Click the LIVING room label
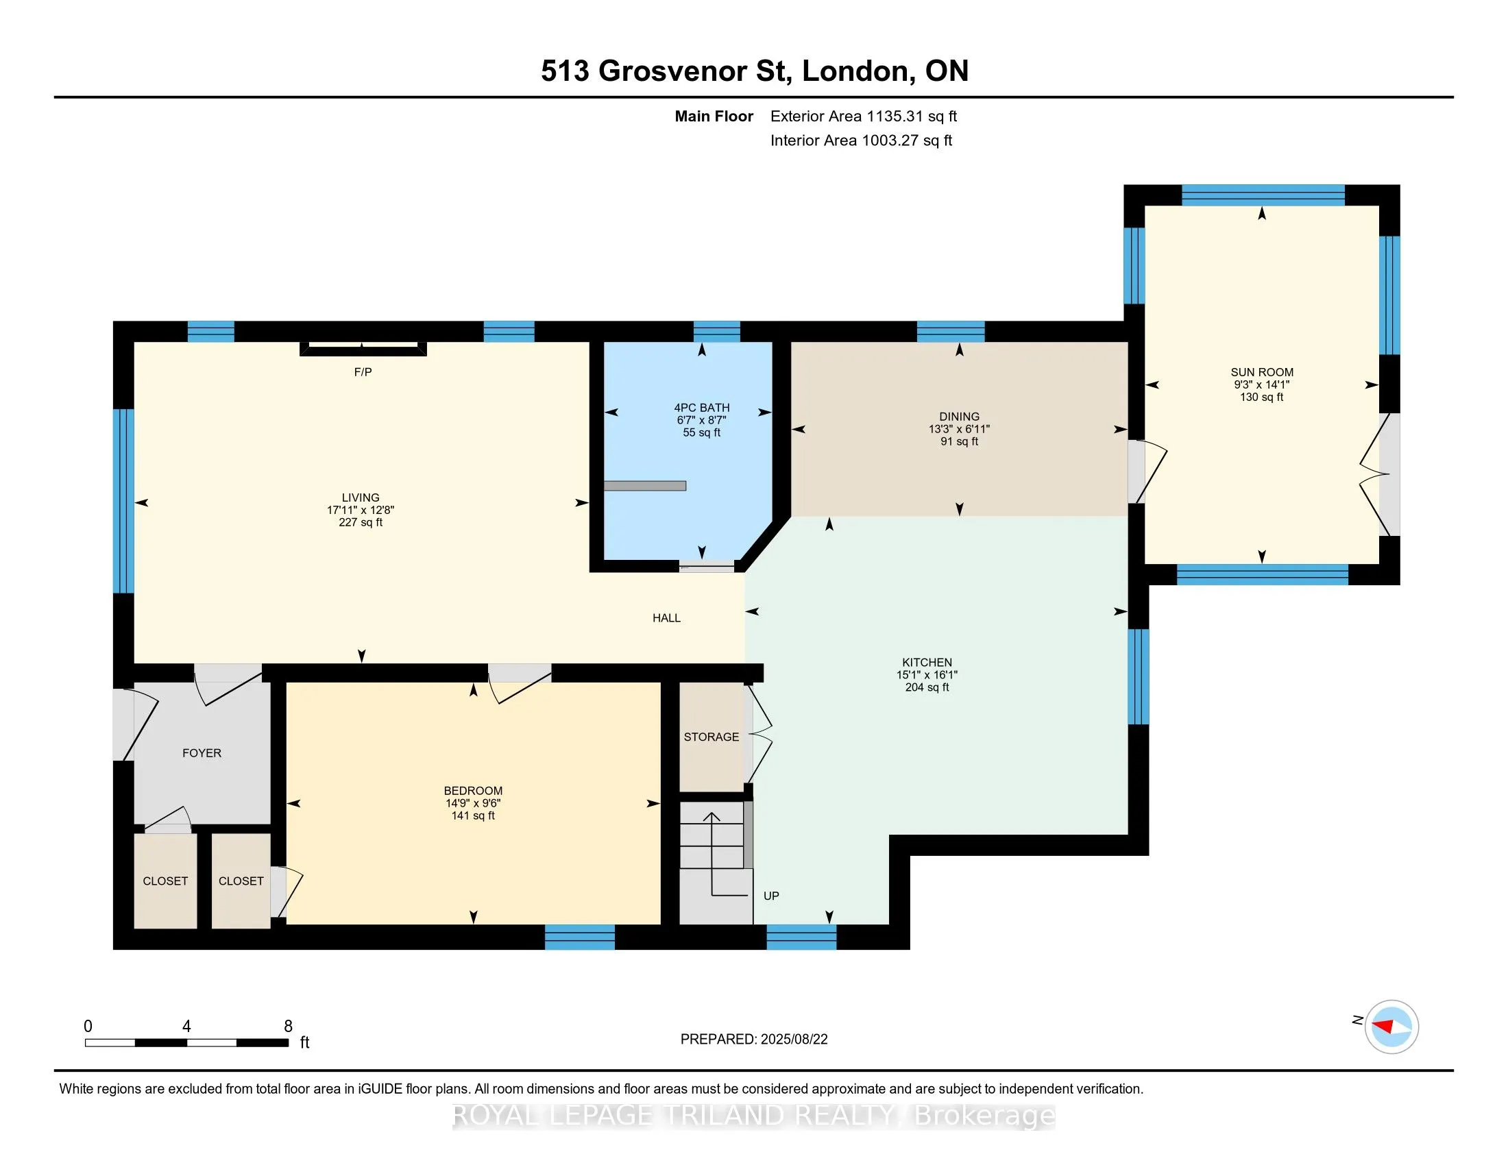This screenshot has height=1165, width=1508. (361, 498)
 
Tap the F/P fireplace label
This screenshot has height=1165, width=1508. (363, 372)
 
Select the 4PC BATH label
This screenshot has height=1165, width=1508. (701, 408)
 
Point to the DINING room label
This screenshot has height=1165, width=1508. (959, 416)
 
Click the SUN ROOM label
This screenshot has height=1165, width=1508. (1261, 372)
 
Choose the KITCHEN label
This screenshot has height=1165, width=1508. (927, 662)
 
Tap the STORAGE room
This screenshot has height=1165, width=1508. (712, 737)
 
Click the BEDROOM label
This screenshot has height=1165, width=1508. (473, 791)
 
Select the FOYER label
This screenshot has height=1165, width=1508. (202, 753)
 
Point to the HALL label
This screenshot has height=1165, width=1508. (666, 618)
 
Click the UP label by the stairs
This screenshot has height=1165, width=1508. (771, 896)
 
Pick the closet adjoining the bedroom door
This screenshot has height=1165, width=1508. (241, 881)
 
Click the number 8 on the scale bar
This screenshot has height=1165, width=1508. (289, 1027)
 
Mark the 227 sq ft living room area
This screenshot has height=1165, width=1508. (361, 522)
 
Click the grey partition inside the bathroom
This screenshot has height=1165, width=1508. (645, 486)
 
